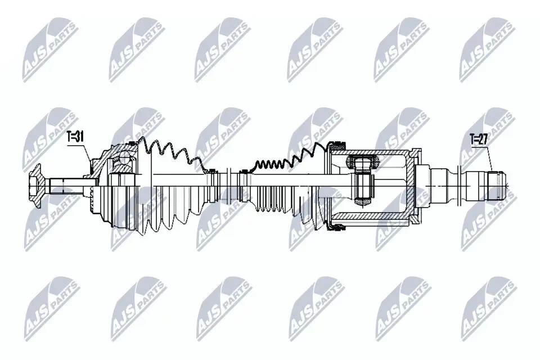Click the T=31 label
pos(75,137)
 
